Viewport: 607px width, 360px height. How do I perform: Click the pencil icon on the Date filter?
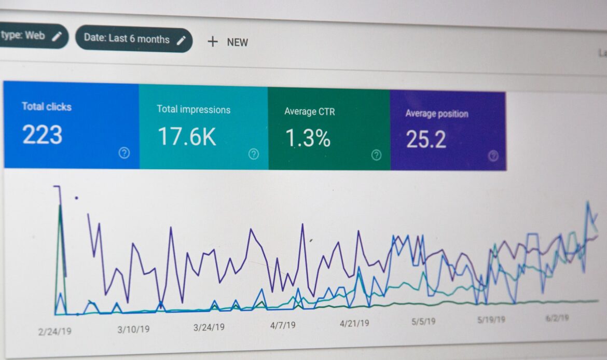tap(181, 40)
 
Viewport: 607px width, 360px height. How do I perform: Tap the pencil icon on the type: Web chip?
tap(57, 36)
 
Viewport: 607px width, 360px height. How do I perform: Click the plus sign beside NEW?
tap(212, 41)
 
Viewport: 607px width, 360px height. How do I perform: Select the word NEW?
tap(237, 43)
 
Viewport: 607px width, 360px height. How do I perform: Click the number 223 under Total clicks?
tap(42, 134)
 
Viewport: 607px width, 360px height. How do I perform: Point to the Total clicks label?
tap(46, 106)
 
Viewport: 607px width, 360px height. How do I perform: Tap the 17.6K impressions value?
tap(186, 137)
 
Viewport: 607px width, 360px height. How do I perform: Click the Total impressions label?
tap(194, 109)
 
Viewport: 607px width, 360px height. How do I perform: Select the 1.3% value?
tap(308, 139)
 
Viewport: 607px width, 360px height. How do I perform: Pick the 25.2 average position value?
tap(426, 139)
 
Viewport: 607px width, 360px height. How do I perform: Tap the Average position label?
tap(436, 114)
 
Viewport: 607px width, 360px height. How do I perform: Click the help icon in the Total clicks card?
tap(124, 153)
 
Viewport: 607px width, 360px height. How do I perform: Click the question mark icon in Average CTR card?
tap(376, 155)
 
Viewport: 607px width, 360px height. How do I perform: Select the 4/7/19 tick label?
tap(282, 325)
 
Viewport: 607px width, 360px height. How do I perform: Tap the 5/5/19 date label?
tap(423, 321)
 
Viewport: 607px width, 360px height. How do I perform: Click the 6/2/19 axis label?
tap(557, 318)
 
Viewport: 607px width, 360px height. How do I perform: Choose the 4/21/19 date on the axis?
tap(354, 323)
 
